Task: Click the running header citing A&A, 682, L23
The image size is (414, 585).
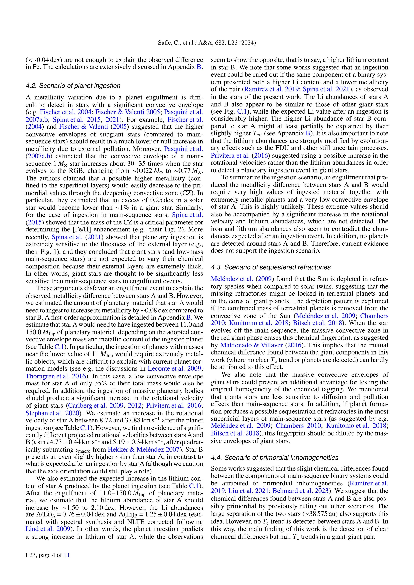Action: click(207, 43)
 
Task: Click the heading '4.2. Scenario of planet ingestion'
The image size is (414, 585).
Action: click(73, 86)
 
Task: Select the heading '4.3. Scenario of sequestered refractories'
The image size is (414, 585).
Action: click(271, 267)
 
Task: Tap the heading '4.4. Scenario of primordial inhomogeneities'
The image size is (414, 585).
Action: click(275, 457)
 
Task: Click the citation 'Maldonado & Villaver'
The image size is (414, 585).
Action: click(251, 345)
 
